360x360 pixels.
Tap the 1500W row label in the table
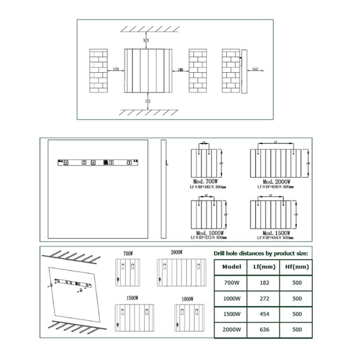point(232,314)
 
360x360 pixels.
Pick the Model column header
point(232,267)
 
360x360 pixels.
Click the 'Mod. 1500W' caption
point(275,233)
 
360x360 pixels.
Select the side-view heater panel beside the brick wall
point(244,71)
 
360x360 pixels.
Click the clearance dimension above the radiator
point(146,41)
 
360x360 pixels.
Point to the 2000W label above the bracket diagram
point(176,252)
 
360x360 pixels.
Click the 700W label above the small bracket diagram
point(128,254)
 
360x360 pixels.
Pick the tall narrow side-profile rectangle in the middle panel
point(163,190)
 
